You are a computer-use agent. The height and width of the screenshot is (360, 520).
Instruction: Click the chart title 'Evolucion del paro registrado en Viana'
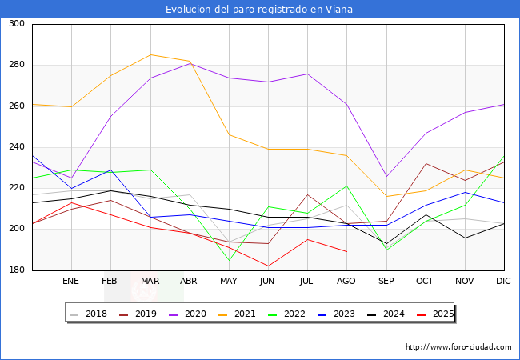(259, 10)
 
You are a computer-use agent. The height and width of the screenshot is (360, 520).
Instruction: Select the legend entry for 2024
(393, 314)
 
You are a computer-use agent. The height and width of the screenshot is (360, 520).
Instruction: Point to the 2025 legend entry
(442, 314)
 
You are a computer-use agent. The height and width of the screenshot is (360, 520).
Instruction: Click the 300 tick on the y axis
(17, 24)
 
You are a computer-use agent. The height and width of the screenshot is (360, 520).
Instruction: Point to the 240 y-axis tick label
(17, 147)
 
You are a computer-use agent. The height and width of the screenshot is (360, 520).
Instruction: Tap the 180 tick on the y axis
(17, 270)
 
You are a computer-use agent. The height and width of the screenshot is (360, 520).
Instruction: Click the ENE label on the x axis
(71, 282)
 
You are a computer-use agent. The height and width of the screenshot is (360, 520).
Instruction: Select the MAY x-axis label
(229, 282)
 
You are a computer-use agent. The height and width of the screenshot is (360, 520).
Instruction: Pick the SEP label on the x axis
(386, 282)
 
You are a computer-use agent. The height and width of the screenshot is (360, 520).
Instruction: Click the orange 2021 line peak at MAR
(150, 55)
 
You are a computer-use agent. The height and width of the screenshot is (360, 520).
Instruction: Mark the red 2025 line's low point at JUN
(268, 266)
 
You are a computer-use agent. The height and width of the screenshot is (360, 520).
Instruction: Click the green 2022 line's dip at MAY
(229, 260)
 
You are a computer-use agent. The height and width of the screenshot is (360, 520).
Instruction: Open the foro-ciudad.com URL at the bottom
(458, 347)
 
